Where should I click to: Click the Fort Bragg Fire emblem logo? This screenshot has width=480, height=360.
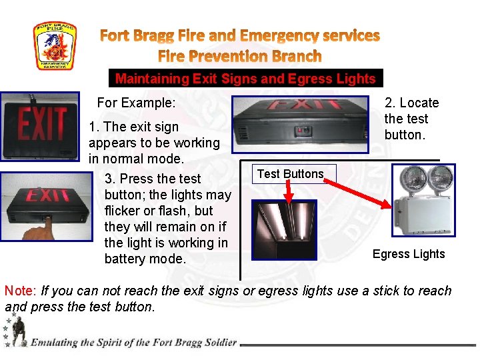pos(55,46)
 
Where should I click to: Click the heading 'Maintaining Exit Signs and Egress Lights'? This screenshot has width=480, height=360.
pos(245,79)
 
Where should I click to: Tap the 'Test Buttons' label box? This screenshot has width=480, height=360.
pos(290,174)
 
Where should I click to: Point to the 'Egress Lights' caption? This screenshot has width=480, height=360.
pos(408,254)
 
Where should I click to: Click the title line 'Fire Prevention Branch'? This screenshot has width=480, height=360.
pos(239,56)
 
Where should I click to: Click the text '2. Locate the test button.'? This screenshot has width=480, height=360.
pos(411,119)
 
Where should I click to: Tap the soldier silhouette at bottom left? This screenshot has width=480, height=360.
pos(18,331)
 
